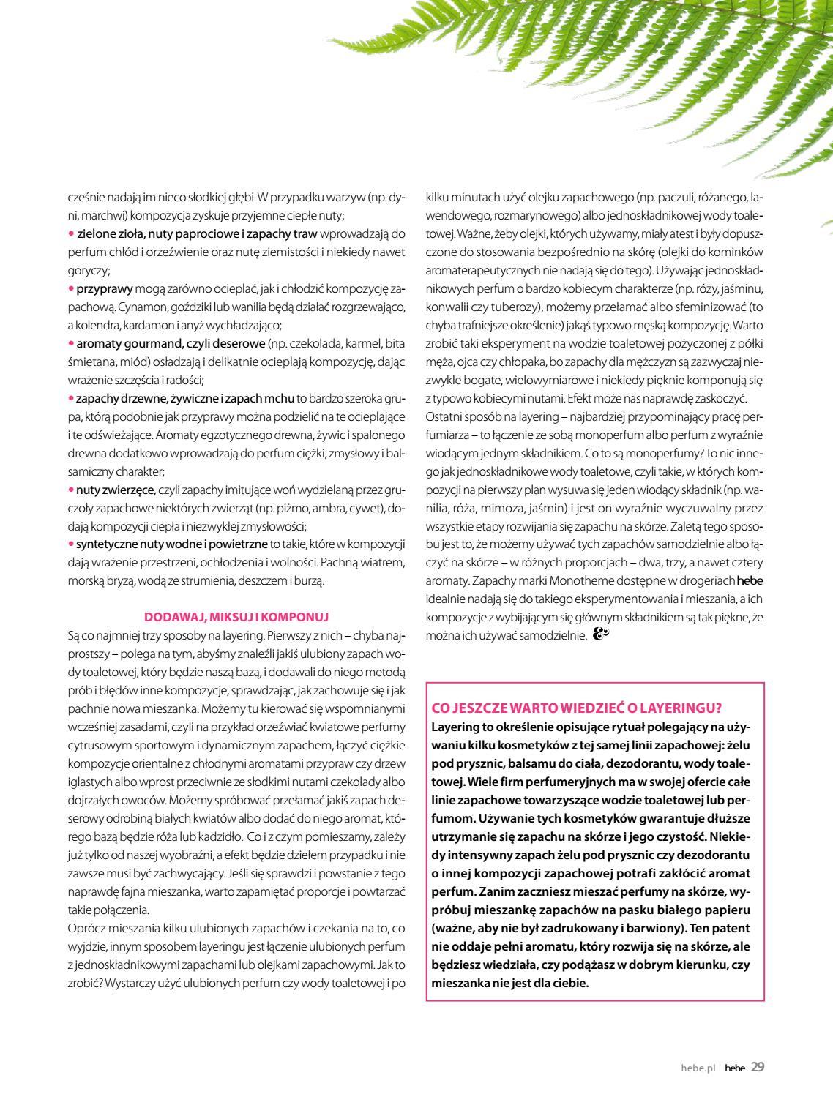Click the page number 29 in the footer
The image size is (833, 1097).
(x=758, y=1067)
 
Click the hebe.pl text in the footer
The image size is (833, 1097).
(x=697, y=1068)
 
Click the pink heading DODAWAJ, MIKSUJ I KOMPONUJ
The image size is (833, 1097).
(x=236, y=618)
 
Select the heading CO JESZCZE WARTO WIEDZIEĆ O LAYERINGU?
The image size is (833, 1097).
(x=577, y=707)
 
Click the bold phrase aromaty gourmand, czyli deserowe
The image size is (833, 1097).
(x=171, y=343)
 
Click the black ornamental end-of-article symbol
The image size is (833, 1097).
(x=601, y=634)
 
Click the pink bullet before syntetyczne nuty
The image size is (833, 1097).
(x=71, y=544)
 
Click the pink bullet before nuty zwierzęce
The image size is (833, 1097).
(x=71, y=489)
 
